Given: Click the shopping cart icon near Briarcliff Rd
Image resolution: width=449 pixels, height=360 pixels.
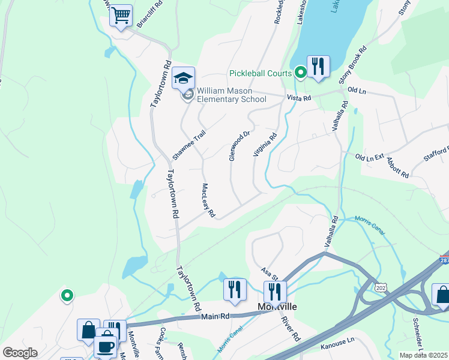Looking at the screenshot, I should tap(121, 16).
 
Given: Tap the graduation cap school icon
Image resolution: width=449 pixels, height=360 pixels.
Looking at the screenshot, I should tap(183, 78).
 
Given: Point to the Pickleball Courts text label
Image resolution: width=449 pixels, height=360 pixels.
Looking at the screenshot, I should tap(260, 74).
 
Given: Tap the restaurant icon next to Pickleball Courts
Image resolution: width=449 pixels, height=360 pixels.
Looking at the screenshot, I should tap(318, 67).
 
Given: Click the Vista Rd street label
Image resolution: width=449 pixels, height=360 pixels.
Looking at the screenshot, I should tap(299, 98).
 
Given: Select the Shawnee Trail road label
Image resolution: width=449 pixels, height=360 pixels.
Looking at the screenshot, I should tap(189, 145).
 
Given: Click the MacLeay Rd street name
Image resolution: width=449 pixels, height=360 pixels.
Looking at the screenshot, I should tap(208, 200).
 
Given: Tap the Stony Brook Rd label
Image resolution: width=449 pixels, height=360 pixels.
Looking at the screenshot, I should tap(352, 65).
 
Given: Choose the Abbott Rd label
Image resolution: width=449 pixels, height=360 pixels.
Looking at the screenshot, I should tap(397, 167).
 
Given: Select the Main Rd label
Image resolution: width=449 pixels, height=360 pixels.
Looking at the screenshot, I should tap(216, 316).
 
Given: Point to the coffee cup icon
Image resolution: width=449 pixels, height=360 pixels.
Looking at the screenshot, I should tap(106, 347).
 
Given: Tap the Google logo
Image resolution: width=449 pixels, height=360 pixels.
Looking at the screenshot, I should tap(20, 353).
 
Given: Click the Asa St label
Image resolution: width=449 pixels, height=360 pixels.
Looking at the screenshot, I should tap(270, 274).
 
